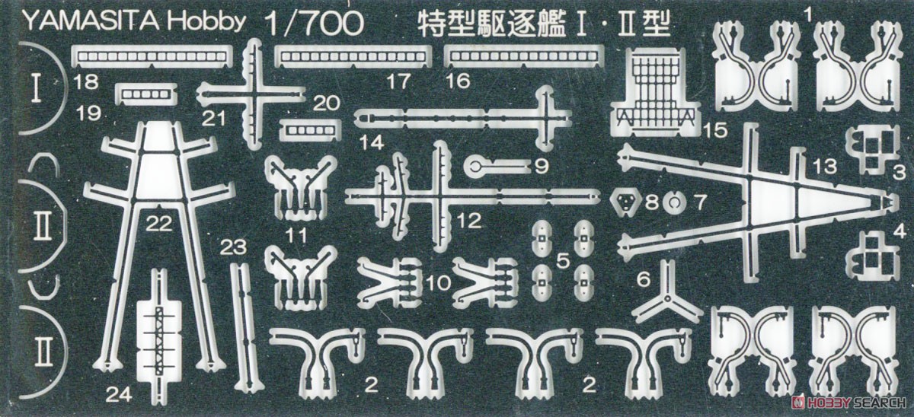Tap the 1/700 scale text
coord(314,23)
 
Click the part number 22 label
coord(159,224)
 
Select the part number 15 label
coord(716,130)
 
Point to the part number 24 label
coord(119,394)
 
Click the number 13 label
coord(824,166)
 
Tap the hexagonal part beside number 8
coord(625,202)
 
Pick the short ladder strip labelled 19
coord(147,94)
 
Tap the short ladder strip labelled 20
coord(310,130)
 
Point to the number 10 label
coord(439,282)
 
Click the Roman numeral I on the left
coord(37,87)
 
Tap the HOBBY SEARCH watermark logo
coord(849,403)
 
